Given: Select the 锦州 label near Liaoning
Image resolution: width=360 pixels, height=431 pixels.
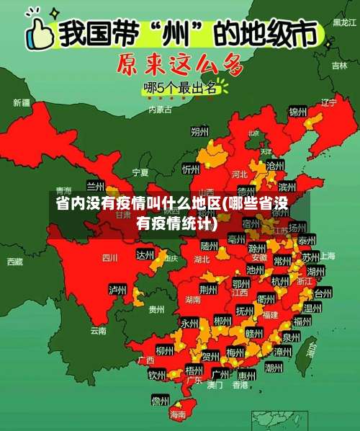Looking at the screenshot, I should [297, 112].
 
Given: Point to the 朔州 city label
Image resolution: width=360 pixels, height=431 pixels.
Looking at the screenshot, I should [199, 131].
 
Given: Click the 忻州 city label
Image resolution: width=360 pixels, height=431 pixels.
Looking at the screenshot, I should [191, 169].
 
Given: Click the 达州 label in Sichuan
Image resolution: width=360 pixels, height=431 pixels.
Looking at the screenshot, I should [146, 254].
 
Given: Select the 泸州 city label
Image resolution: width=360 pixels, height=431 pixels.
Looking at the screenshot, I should [117, 289].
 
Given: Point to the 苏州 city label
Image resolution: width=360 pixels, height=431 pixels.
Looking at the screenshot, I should [310, 257].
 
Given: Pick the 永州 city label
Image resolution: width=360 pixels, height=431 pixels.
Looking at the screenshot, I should [189, 322].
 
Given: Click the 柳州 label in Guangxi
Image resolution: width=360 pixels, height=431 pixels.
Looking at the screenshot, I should [164, 350].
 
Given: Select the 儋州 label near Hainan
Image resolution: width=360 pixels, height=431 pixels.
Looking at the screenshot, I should [160, 400].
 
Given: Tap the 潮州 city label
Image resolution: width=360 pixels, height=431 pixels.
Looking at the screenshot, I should [274, 367].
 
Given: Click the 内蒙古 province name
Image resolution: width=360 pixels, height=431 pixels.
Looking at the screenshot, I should [160, 110].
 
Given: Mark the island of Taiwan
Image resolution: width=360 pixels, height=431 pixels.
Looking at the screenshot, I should [312, 348].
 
